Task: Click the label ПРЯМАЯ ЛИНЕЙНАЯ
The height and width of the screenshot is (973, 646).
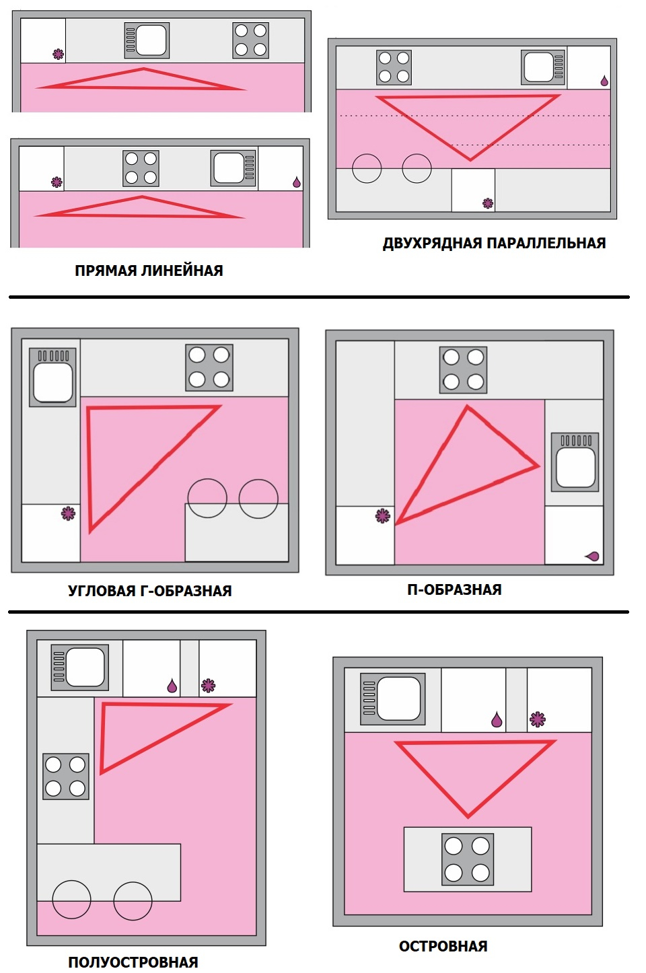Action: tap(149, 271)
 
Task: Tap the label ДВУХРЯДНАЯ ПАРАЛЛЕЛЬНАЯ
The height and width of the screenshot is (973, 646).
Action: tap(494, 243)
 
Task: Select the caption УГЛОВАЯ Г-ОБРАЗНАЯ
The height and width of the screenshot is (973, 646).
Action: tap(150, 591)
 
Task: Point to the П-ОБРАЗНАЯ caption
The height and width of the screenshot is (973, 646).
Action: tap(454, 589)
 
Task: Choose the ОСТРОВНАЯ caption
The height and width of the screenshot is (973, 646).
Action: tap(443, 946)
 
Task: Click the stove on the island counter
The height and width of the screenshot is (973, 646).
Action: tap(468, 859)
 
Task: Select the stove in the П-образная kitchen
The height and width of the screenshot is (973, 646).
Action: tap(463, 370)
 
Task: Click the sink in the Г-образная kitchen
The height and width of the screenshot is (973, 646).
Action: tap(52, 377)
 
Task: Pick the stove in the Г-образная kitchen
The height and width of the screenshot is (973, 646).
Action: tap(209, 367)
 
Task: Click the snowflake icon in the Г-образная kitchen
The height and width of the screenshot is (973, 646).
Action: tap(68, 514)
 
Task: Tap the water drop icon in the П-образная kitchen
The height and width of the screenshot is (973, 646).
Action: tap(593, 556)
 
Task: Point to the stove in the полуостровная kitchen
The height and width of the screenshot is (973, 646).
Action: tap(65, 777)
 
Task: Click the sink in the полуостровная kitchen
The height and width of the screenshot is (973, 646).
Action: tap(80, 668)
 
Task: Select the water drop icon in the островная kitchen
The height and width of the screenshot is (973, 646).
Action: tap(497, 719)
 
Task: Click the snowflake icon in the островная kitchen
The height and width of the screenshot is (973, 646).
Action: tap(538, 720)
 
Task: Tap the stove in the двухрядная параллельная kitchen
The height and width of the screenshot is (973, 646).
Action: tap(394, 67)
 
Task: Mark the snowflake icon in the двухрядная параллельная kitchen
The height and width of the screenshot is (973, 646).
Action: tap(488, 203)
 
